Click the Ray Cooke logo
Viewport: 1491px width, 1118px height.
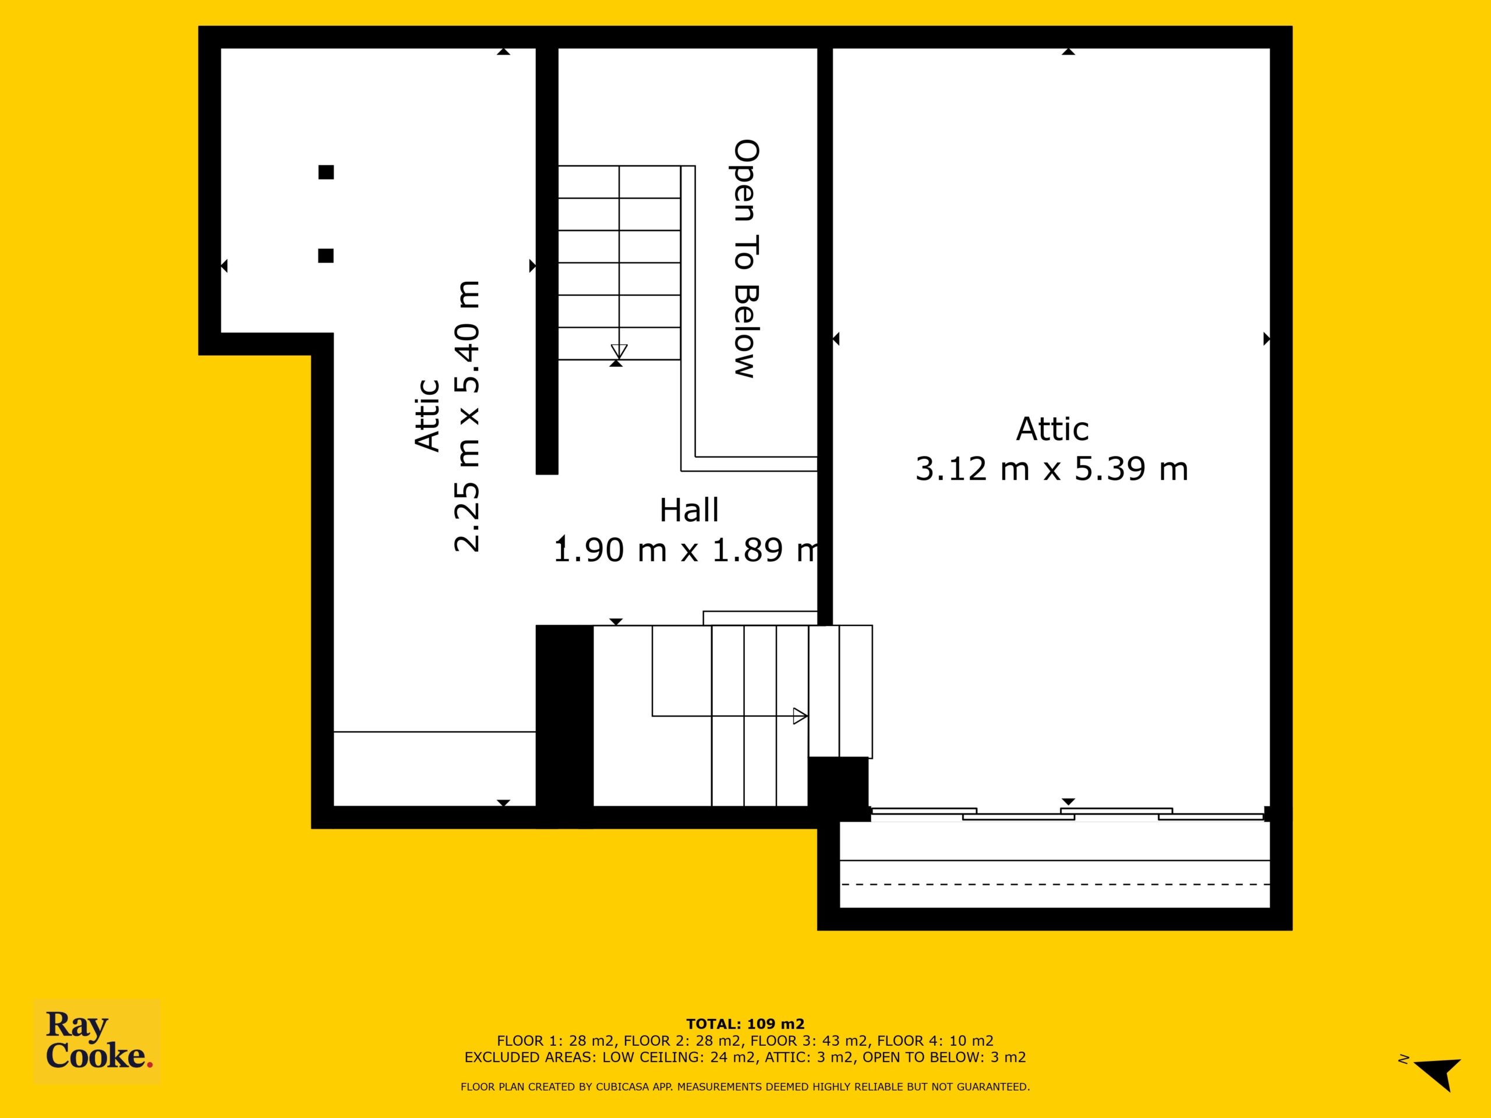click(97, 1041)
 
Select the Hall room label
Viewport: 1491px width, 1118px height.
click(689, 510)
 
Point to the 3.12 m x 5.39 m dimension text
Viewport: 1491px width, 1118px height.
click(1051, 469)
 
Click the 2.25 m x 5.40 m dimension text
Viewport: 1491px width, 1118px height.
click(467, 416)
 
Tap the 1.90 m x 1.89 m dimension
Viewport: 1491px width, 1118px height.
click(686, 550)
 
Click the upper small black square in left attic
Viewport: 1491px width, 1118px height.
click(326, 172)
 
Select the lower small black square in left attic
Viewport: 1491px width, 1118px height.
click(326, 256)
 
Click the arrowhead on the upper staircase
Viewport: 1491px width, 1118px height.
click(619, 351)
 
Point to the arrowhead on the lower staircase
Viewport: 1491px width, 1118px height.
click(800, 716)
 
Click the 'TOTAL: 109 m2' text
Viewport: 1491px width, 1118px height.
click(745, 1024)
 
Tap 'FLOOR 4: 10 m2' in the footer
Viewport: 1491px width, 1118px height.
click(935, 1041)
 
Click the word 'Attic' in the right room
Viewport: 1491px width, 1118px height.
click(1052, 429)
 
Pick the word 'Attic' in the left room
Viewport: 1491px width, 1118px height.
click(427, 415)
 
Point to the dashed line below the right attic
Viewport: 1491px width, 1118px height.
click(1055, 884)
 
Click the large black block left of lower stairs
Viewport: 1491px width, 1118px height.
click(564, 725)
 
